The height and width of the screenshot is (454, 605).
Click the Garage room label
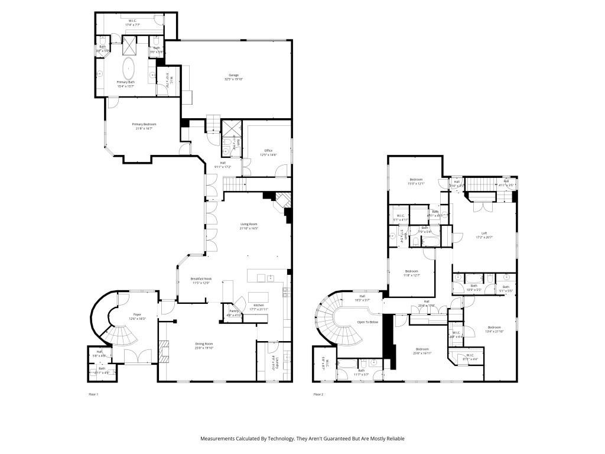click(x=234, y=75)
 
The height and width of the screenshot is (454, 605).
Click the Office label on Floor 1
click(x=268, y=150)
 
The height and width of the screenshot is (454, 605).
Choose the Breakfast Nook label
click(x=201, y=278)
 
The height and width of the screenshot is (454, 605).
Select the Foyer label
click(x=136, y=314)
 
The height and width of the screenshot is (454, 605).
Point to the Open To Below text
click(x=367, y=322)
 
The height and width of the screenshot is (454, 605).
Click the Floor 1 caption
click(x=93, y=394)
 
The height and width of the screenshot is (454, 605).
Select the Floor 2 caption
click(x=318, y=394)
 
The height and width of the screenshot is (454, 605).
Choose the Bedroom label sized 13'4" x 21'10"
click(x=494, y=327)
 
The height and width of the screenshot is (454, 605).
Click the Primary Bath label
click(x=125, y=82)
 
